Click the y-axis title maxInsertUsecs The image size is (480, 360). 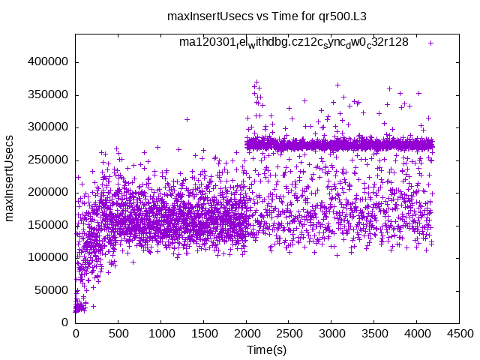click(10, 178)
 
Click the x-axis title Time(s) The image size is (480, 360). click(267, 350)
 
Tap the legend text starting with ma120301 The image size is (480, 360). click(293, 42)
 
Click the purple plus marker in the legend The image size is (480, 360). click(431, 43)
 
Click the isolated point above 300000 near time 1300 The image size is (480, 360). click(187, 119)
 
